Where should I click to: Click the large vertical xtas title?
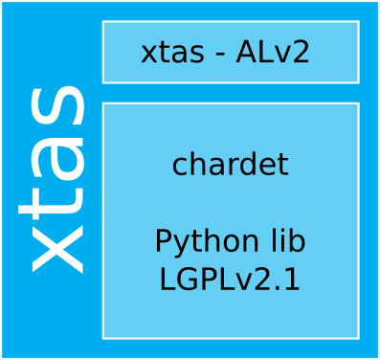tap(56, 179)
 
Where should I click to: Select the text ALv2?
tap(273, 53)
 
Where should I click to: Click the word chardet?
tap(230, 165)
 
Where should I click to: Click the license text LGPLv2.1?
tap(230, 280)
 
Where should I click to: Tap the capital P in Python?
tap(164, 241)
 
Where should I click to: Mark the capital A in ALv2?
tap(246, 53)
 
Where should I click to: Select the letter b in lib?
tap(298, 241)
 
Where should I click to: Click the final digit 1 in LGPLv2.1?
tap(292, 280)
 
